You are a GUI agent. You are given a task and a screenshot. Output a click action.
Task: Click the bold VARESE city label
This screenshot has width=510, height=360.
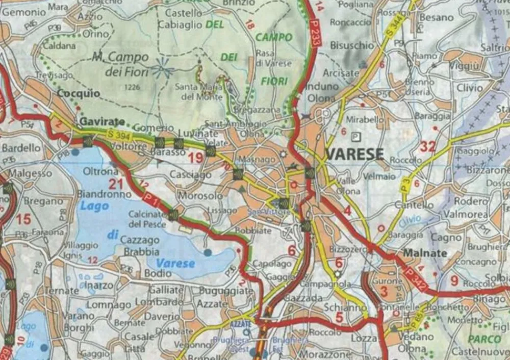354,153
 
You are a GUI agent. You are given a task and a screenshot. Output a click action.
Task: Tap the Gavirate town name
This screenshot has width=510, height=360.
102,121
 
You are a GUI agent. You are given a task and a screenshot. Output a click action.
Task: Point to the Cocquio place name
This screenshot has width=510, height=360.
78,94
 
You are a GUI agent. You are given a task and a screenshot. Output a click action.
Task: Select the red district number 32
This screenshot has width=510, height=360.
427,147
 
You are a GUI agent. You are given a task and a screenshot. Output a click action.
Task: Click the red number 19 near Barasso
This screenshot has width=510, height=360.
195,158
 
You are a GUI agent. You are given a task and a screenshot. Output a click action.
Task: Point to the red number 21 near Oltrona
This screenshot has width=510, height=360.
116,184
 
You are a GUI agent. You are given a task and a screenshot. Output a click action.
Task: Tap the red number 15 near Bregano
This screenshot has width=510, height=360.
23,219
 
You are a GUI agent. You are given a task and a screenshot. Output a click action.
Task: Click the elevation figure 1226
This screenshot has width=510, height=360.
132,87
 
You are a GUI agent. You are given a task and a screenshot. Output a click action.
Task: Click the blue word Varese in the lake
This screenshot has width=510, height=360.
175,264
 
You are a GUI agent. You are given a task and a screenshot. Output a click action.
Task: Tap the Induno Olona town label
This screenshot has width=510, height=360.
321,91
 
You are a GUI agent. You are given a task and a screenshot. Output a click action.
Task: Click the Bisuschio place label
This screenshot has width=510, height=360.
352,45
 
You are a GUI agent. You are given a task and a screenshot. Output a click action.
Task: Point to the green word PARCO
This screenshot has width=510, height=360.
484,339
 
